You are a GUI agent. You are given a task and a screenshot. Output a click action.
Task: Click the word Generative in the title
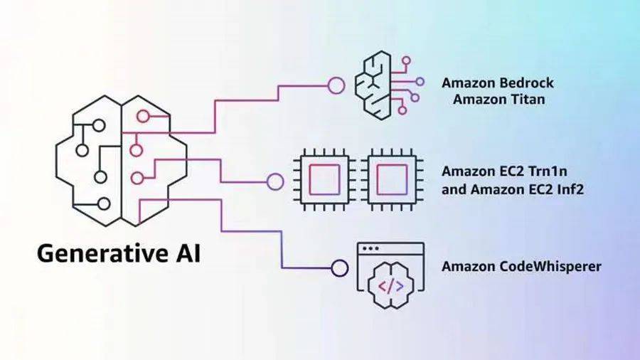102,253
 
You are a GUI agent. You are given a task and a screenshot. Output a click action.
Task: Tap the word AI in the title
184,253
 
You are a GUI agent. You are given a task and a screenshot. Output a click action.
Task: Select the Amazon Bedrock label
497,83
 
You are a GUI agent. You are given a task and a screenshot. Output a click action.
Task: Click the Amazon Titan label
498,99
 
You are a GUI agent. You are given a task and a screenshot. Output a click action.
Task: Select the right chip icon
392,180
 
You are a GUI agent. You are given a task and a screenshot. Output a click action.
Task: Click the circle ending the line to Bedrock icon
336,85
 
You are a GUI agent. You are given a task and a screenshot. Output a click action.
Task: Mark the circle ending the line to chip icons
274,180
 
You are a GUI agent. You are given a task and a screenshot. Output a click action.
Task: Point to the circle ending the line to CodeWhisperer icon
339,268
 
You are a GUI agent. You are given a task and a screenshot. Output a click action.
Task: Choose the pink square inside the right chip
392,180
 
